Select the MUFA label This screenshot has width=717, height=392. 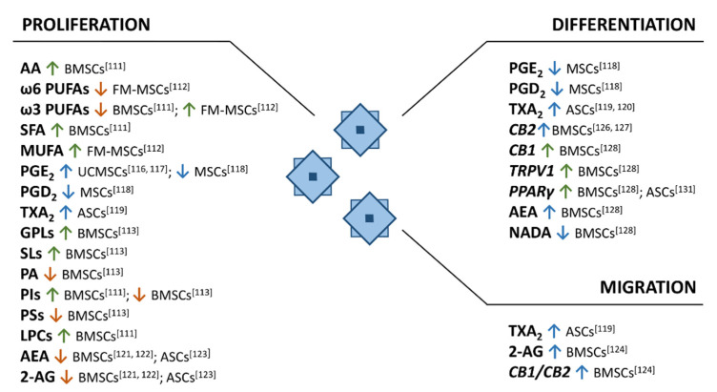tap(41, 152)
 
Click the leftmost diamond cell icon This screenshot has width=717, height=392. tap(312, 176)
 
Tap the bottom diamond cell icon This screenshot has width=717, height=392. tap(369, 218)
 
